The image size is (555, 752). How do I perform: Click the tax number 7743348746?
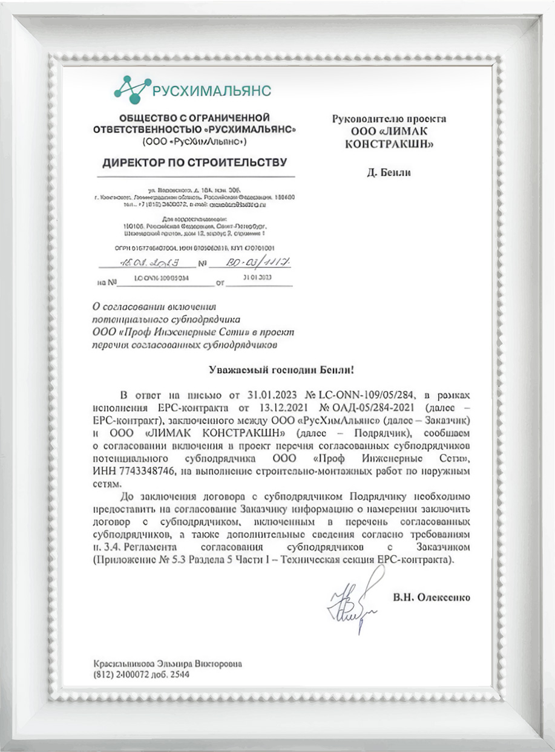pos(146,470)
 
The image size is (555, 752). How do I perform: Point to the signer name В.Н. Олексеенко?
pos(431,598)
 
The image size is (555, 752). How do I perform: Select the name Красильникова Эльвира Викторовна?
pos(167,663)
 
